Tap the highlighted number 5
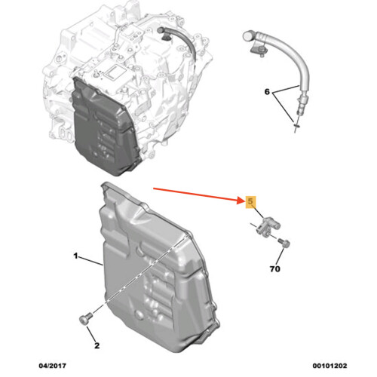pyautogui.click(x=250, y=201)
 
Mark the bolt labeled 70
pyautogui.click(x=284, y=243)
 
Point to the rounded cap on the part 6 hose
pyautogui.click(x=247, y=35)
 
